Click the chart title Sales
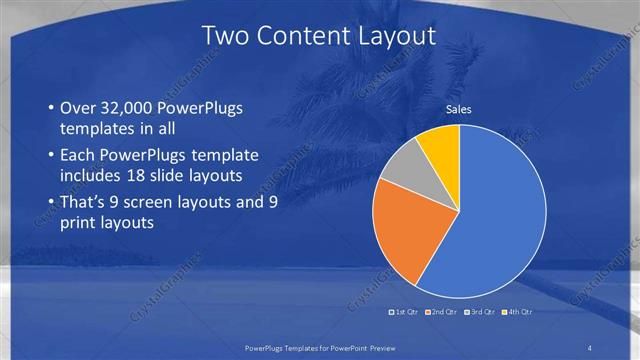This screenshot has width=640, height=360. [x=459, y=110]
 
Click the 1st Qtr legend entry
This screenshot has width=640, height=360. [x=405, y=313]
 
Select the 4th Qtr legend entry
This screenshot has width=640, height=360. [x=520, y=313]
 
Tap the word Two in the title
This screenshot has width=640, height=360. [x=225, y=37]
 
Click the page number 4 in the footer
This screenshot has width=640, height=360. [x=590, y=347]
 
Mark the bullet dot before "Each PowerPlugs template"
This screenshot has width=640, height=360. [x=51, y=156]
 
